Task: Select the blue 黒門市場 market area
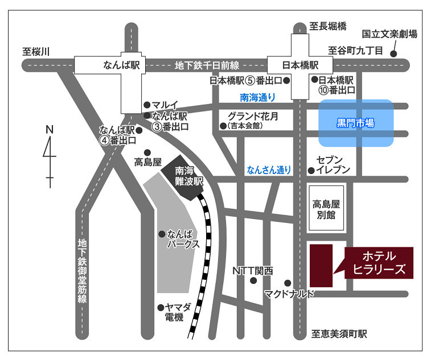355,123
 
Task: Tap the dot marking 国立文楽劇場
394,55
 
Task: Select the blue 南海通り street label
256,97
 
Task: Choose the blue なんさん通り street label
269,169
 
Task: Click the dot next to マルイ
147,105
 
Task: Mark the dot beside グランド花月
223,126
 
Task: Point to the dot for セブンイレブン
311,170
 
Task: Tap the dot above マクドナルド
288,283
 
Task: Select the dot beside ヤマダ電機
161,308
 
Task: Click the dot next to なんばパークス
162,233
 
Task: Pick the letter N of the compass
50,129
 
